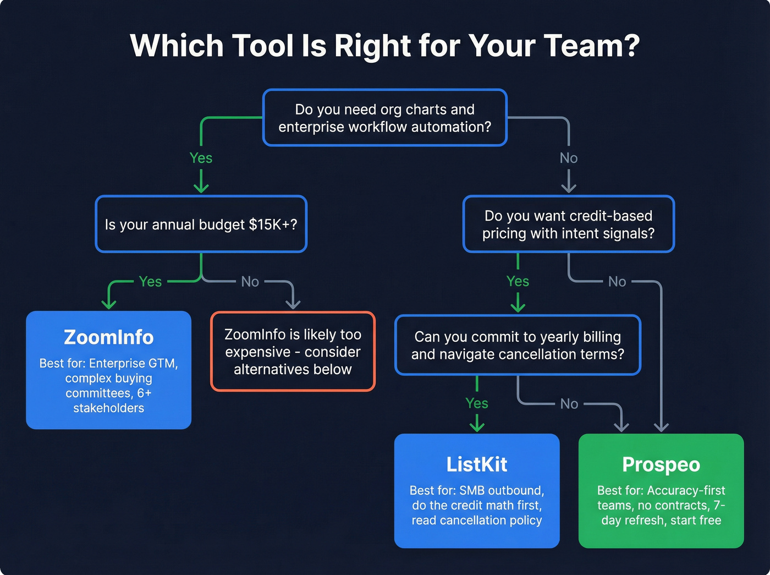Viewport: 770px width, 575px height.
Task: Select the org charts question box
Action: coord(384,118)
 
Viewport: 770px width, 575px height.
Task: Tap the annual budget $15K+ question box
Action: coord(201,224)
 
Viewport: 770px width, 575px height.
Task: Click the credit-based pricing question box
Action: coord(568,224)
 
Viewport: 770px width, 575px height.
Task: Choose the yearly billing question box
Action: coord(518,345)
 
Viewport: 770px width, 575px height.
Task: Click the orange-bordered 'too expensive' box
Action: coord(293,352)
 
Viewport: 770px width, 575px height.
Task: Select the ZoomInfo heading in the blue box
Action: coord(108,337)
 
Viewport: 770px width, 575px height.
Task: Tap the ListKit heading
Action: coord(476,464)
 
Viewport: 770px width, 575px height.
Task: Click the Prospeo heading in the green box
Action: coord(661,464)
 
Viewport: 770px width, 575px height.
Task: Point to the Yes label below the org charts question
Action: coord(201,158)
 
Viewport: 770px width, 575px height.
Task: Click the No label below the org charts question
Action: coord(568,158)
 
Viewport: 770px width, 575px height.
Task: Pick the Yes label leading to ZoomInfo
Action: coord(150,281)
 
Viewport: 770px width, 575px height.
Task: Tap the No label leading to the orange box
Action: coord(250,281)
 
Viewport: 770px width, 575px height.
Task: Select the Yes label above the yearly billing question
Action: coord(518,281)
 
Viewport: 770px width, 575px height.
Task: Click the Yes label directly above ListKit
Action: coord(476,403)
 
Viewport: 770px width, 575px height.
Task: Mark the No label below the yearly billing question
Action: coord(569,403)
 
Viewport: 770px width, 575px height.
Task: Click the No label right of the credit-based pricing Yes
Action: coord(617,281)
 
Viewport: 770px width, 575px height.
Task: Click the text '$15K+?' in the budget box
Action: coord(273,224)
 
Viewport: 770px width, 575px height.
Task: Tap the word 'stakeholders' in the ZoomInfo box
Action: coord(108,408)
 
